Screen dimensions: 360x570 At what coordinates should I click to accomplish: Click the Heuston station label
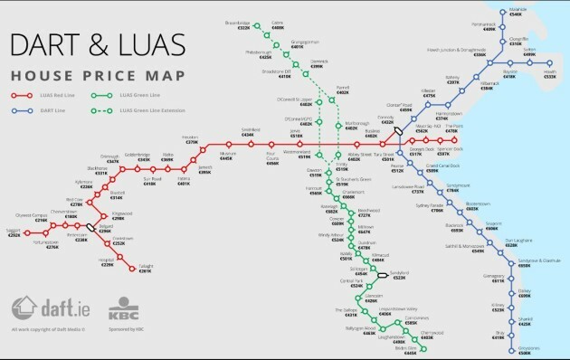click(192, 139)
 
